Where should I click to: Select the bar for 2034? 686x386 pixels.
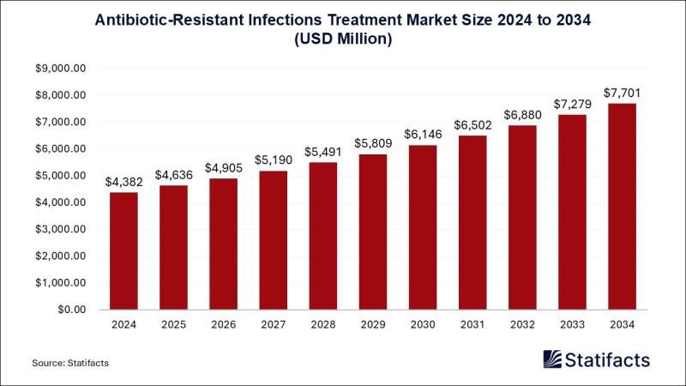(623, 206)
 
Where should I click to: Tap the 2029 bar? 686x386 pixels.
(373, 232)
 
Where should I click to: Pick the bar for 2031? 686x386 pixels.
(472, 222)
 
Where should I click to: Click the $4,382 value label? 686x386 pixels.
(123, 182)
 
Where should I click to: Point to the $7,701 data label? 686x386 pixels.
(623, 93)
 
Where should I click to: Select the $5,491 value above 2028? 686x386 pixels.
(323, 152)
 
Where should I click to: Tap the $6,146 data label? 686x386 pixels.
(423, 135)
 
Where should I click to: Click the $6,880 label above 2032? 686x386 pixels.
(522, 115)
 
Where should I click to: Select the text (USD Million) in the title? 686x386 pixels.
(342, 39)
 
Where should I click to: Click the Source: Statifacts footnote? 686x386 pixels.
(70, 363)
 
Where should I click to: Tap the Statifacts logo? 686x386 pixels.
(597, 359)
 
